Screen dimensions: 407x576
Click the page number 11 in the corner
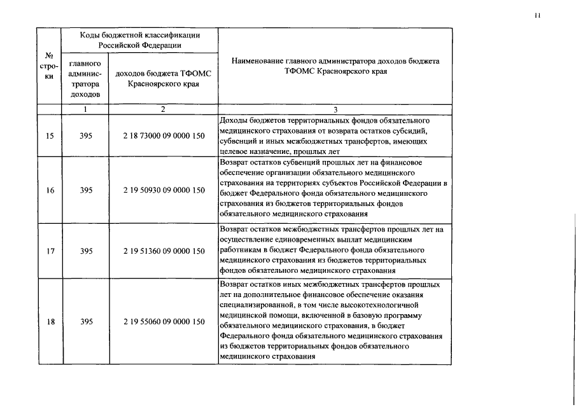click(538, 17)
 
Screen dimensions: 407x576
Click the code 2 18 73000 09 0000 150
click(164, 136)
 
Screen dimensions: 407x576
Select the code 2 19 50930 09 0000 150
click(164, 190)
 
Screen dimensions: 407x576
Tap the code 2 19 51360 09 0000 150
click(164, 251)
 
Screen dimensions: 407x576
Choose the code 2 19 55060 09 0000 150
click(164, 322)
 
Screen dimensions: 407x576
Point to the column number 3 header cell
click(335, 109)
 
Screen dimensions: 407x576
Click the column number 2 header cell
click(164, 109)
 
